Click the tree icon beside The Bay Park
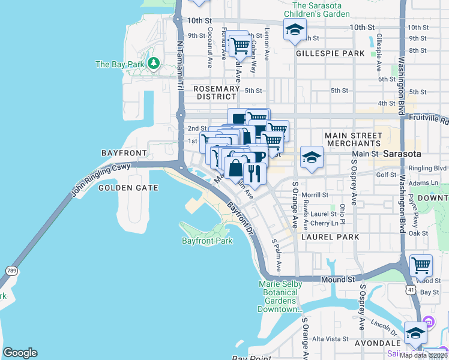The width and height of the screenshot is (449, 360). click(x=154, y=63)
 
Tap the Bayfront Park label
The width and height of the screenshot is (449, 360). click(x=206, y=241)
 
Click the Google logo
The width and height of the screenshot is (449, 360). click(x=20, y=353)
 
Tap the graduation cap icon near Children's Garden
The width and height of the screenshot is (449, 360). click(x=295, y=29)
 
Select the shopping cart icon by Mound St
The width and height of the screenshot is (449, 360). click(x=421, y=264)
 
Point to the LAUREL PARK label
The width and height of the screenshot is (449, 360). click(x=330, y=237)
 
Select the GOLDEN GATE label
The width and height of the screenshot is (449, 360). click(x=128, y=188)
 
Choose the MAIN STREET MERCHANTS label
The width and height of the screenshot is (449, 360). click(x=353, y=140)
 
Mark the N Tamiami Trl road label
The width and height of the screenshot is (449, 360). click(x=179, y=66)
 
